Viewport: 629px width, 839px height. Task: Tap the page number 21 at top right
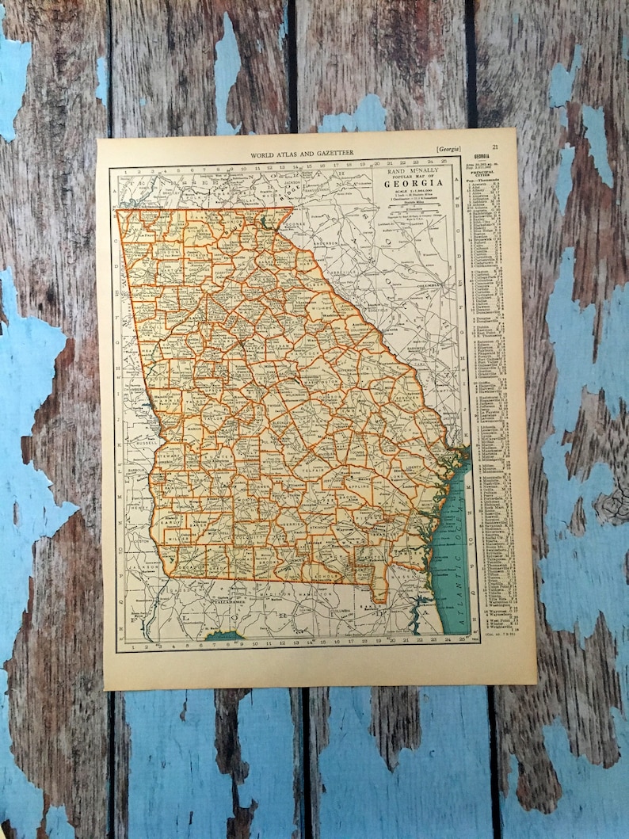494,147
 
